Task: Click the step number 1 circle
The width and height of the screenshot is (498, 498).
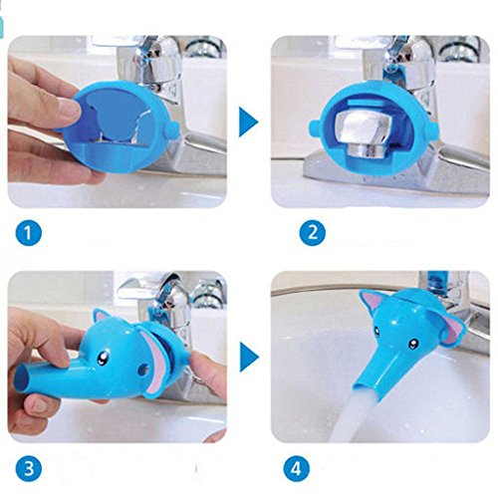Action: [29, 233]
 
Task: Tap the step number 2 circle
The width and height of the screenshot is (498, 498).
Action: [313, 232]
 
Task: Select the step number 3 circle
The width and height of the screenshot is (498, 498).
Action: [29, 469]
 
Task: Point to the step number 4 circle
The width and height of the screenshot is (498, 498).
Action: [297, 469]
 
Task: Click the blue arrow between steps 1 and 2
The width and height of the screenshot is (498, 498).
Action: [248, 122]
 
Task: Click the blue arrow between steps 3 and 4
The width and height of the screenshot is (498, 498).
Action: [248, 357]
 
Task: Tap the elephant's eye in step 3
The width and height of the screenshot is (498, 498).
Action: [102, 358]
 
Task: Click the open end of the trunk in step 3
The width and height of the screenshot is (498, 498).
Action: [21, 379]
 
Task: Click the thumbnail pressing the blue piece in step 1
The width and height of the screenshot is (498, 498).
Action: [71, 107]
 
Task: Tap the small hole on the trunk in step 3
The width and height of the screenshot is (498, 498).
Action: [142, 369]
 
